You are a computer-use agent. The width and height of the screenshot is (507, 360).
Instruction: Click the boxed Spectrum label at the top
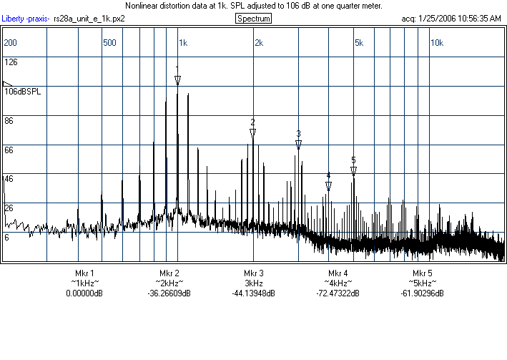(252, 18)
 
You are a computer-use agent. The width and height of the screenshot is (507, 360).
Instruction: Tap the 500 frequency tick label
(109, 42)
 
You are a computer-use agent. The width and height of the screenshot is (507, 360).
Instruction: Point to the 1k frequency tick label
(182, 42)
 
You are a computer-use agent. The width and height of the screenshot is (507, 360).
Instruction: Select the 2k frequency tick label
(259, 42)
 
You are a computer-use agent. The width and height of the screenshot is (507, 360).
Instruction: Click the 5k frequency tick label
(359, 42)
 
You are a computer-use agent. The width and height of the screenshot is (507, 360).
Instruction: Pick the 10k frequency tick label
(436, 42)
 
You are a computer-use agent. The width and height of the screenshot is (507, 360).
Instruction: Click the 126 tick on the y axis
(11, 62)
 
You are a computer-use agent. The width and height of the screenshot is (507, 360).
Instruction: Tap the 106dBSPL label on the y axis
(23, 92)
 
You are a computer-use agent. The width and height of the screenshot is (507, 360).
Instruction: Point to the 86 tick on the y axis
(9, 121)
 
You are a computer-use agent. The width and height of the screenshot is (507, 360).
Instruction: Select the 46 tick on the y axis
(9, 179)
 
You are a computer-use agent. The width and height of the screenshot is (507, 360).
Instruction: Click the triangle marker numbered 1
(177, 79)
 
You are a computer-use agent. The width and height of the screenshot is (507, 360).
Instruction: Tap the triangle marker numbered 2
(252, 132)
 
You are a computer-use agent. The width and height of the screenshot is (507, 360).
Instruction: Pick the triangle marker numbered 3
(298, 144)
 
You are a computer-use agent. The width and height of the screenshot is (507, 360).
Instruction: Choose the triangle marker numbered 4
(328, 185)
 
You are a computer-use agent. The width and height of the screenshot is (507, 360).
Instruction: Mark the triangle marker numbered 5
(353, 170)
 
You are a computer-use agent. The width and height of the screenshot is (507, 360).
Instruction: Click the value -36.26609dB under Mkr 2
(169, 293)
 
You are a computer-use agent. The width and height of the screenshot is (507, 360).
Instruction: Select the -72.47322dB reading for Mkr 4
(338, 293)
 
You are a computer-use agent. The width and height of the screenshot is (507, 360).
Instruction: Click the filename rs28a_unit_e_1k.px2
(89, 18)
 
